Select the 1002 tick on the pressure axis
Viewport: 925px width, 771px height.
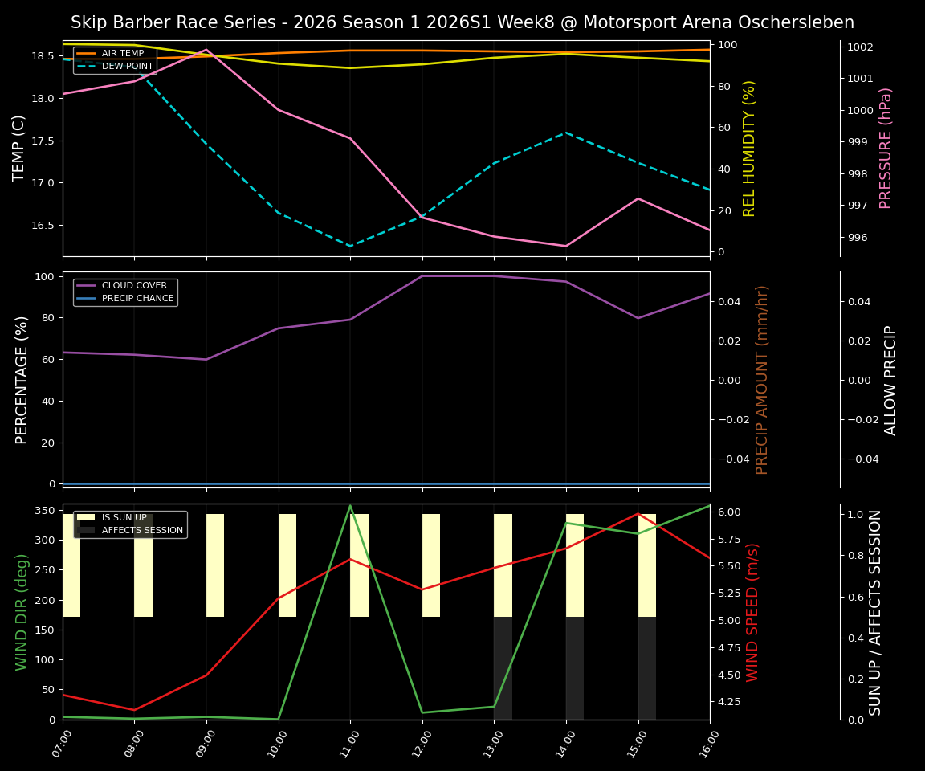(x=860, y=47)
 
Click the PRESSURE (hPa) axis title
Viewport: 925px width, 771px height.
(x=886, y=148)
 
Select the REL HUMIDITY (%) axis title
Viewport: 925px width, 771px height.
(x=749, y=148)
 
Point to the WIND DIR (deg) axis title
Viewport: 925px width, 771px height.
(x=22, y=612)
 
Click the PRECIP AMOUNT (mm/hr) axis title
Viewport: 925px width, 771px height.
(x=762, y=379)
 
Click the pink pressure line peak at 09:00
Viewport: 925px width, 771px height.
(x=206, y=50)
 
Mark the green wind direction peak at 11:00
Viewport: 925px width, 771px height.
(x=350, y=505)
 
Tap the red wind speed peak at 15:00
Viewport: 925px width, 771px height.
(x=638, y=513)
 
